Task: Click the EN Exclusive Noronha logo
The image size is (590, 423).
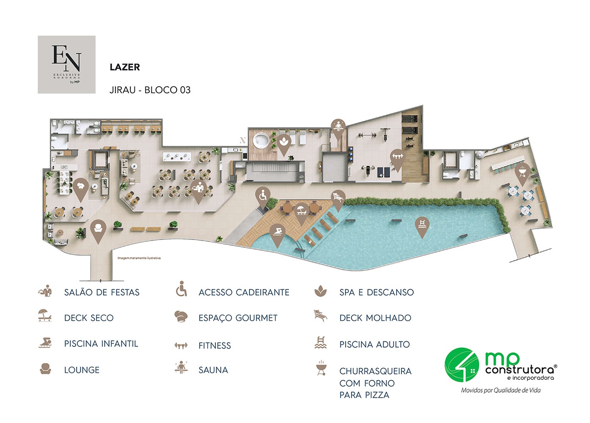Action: (x=66, y=64)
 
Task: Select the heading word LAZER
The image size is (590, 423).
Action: (x=125, y=67)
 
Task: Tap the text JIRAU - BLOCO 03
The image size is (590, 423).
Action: (x=150, y=90)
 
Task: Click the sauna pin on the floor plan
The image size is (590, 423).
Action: (x=338, y=127)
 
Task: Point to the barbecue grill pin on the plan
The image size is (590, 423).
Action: (x=522, y=173)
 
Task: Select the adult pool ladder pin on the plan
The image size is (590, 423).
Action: (x=422, y=225)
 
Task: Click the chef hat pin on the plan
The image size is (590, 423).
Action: (x=80, y=187)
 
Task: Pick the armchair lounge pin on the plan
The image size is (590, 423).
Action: (x=98, y=229)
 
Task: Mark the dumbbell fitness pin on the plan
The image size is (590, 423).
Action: (x=397, y=158)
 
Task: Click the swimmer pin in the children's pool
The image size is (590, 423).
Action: (x=277, y=233)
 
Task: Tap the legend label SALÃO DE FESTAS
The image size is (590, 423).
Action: (x=102, y=292)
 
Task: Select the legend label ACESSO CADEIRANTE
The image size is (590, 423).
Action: (x=244, y=292)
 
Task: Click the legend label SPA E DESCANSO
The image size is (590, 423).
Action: (x=376, y=292)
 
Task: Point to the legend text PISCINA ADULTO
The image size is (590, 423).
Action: (x=374, y=345)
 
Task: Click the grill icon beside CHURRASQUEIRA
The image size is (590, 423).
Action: (x=321, y=368)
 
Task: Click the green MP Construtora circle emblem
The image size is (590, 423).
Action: (x=462, y=365)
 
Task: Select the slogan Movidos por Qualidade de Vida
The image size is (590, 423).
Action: (x=501, y=390)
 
